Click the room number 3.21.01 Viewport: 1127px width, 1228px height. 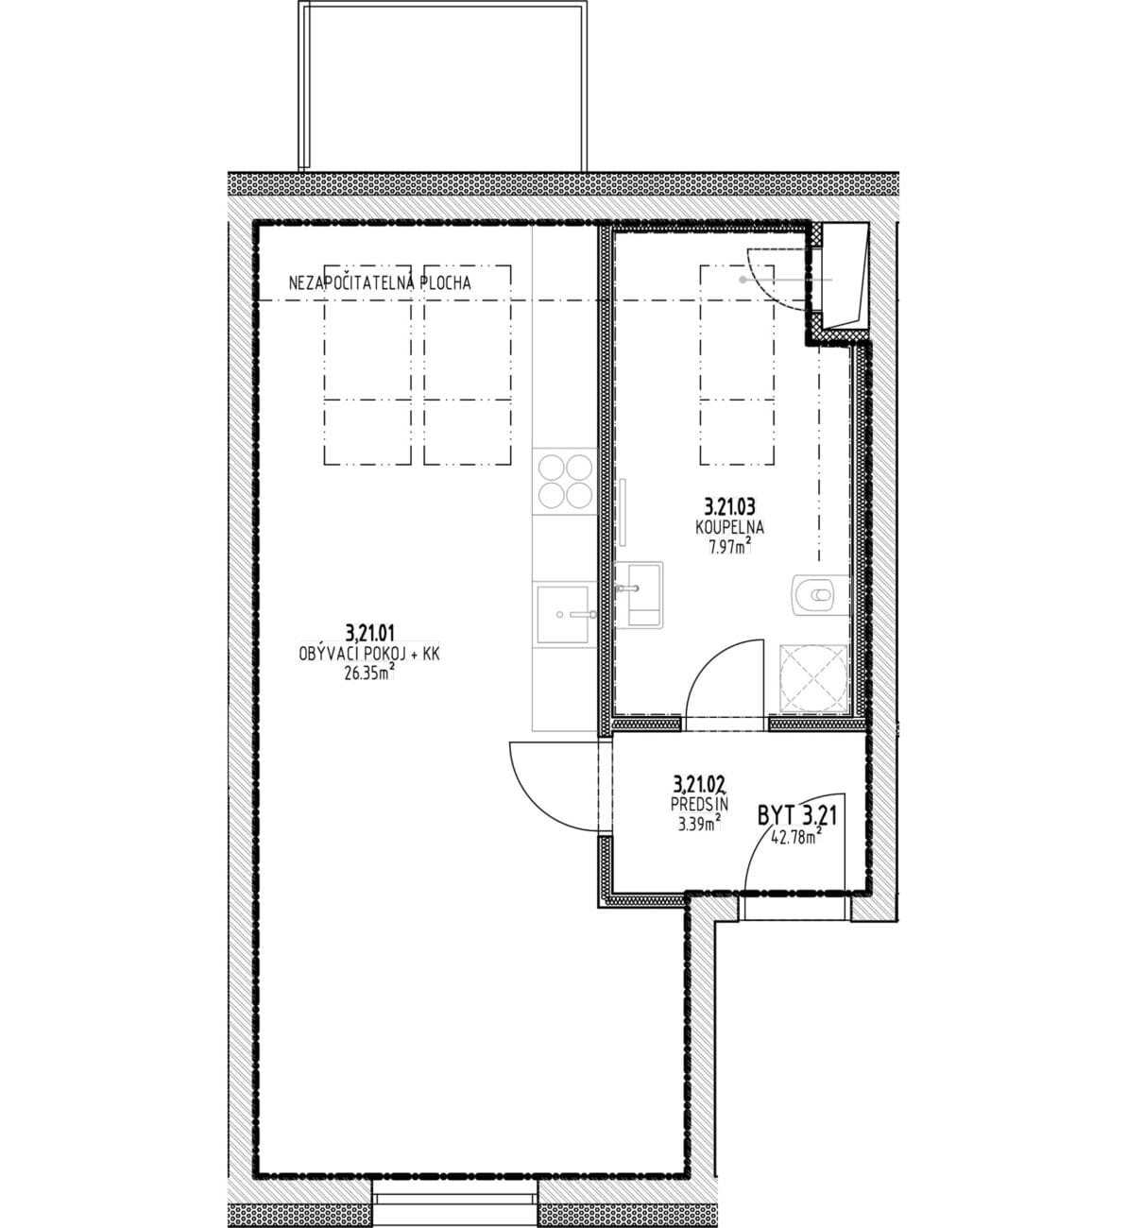pyautogui.click(x=370, y=631)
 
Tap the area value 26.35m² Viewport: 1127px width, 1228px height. pyautogui.click(x=368, y=674)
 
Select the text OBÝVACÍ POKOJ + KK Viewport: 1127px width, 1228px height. pyautogui.click(x=369, y=654)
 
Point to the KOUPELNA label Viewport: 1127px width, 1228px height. pyautogui.click(x=729, y=526)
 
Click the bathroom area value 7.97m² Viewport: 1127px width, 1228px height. pyautogui.click(x=730, y=547)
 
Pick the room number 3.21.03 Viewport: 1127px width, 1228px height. pyautogui.click(x=729, y=506)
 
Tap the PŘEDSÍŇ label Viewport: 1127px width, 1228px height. pyautogui.click(x=699, y=803)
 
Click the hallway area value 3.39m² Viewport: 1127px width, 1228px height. pyautogui.click(x=699, y=824)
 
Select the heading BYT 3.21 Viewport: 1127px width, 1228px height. pyautogui.click(x=797, y=816)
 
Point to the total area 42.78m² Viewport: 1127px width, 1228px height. pyautogui.click(x=796, y=838)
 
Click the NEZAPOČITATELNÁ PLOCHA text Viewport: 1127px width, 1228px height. pyautogui.click(x=380, y=282)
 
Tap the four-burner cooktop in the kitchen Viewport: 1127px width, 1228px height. pyautogui.click(x=565, y=481)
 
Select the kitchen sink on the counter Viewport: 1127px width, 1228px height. pyautogui.click(x=563, y=615)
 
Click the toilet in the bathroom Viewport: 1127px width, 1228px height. pyautogui.click(x=821, y=595)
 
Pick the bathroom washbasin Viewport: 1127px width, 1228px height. pyautogui.click(x=639, y=595)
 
